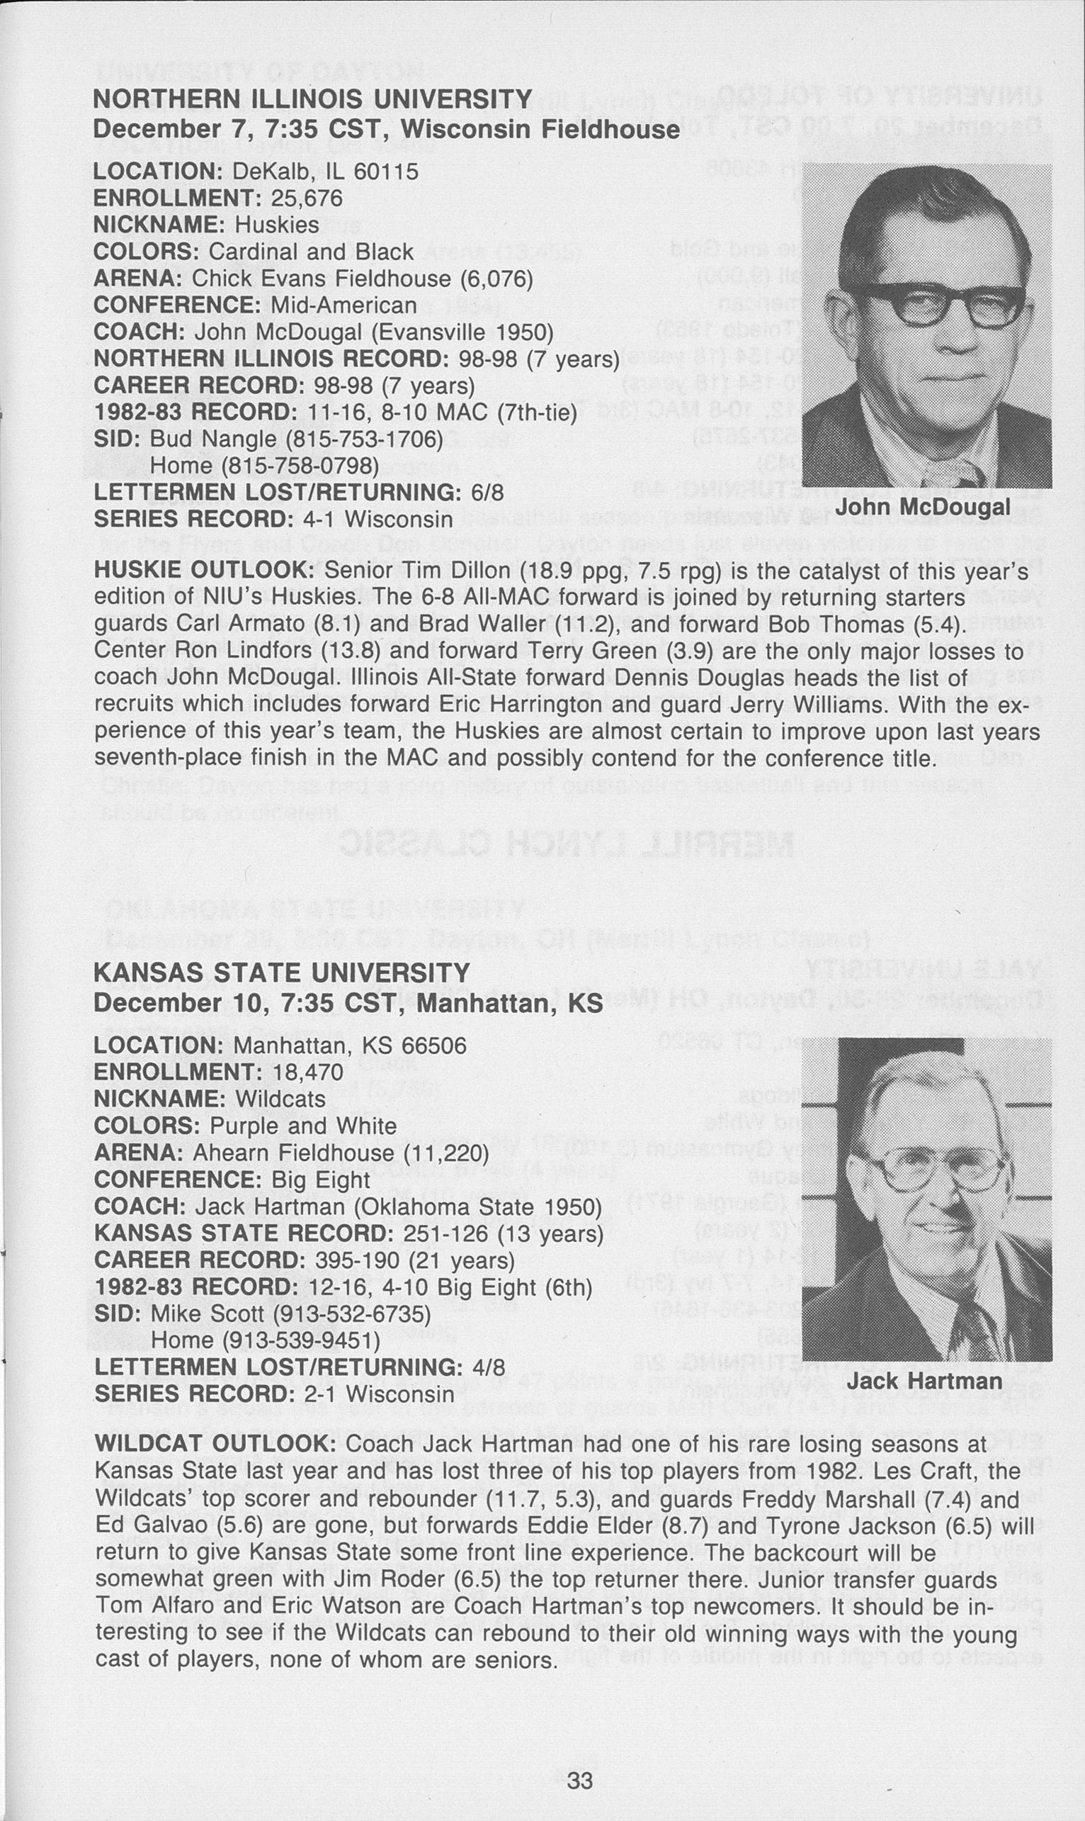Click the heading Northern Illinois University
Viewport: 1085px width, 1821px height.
pyautogui.click(x=312, y=98)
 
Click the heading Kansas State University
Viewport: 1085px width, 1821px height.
pyautogui.click(x=281, y=973)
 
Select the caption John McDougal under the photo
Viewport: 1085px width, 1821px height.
pyautogui.click(x=923, y=506)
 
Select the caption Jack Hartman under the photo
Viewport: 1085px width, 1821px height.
pyautogui.click(x=924, y=1381)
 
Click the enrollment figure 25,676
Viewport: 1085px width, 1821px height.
pyautogui.click(x=307, y=198)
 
